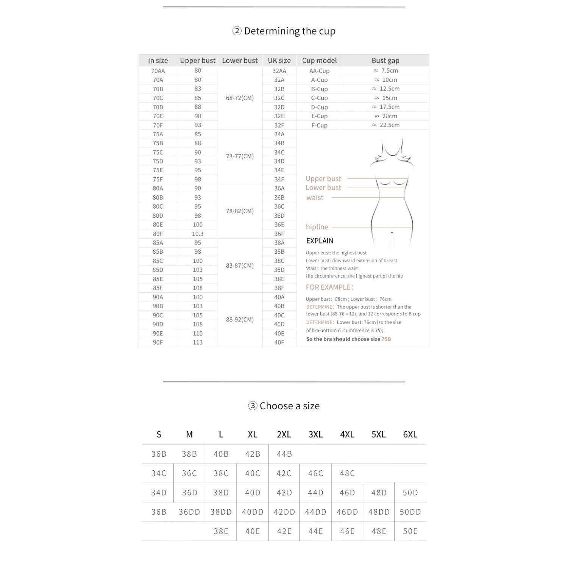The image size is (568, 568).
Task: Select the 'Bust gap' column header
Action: [385, 61]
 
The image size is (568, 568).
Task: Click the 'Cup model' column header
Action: [319, 61]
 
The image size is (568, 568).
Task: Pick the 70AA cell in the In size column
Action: [158, 71]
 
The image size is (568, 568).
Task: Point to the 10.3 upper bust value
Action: [198, 234]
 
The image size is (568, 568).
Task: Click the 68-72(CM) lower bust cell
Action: [240, 98]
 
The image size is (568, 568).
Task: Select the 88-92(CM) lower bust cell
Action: [240, 320]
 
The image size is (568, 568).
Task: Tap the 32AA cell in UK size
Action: [279, 71]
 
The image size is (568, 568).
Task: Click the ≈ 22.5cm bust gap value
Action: [385, 125]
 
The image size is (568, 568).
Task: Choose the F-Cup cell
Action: [319, 125]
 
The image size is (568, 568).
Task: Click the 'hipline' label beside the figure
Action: [317, 227]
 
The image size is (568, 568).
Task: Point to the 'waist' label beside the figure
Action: [315, 198]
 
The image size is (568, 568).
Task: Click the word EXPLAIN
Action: [320, 241]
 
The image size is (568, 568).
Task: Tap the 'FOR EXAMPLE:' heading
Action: [329, 287]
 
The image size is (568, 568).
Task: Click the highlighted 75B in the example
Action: [386, 339]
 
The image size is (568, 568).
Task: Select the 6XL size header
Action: [410, 435]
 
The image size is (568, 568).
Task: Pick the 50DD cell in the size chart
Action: [410, 512]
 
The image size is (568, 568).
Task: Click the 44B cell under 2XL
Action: [284, 454]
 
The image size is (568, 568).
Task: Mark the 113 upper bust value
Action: [198, 342]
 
